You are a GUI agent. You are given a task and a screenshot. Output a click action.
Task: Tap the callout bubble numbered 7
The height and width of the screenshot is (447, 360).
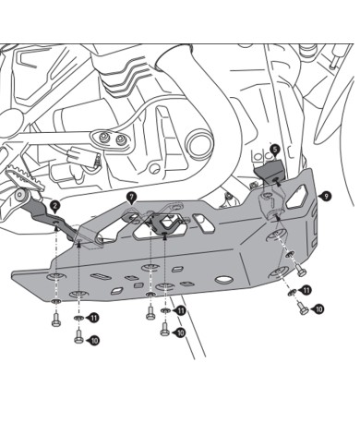coord(131,197)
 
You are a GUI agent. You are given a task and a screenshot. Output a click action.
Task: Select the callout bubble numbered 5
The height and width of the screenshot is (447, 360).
coord(274,149)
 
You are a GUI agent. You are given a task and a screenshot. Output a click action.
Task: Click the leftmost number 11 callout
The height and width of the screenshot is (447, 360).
coord(93,318)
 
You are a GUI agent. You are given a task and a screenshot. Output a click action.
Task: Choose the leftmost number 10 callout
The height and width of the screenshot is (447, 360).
coord(93,340)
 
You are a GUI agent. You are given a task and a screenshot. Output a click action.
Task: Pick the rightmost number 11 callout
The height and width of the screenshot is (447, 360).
coord(306,291)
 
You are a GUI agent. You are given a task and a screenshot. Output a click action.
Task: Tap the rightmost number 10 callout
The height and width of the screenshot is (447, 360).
coord(318,309)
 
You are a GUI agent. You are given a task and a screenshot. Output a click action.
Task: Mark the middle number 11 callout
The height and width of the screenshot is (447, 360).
coord(181,311)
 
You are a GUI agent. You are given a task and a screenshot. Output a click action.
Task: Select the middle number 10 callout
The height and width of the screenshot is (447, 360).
coord(179,332)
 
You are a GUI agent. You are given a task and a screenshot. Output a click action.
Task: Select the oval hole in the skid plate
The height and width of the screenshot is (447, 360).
coord(224,279)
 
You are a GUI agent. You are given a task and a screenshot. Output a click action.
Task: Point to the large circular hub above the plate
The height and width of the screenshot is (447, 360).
coord(201,143)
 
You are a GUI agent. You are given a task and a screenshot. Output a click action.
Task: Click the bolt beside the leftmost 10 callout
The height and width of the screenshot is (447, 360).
coord(78,339)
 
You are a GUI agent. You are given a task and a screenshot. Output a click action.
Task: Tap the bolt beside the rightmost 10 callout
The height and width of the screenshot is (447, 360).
coord(304,309)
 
